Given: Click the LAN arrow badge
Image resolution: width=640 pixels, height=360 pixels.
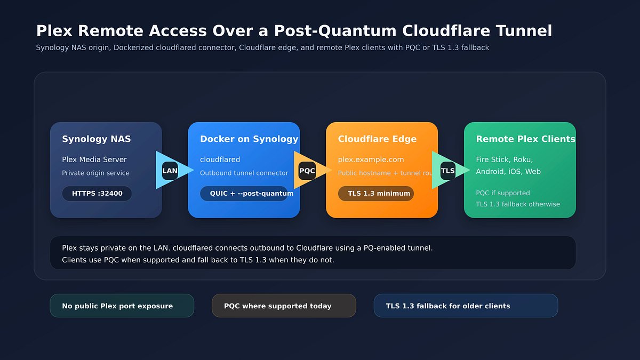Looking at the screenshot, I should point(170,171).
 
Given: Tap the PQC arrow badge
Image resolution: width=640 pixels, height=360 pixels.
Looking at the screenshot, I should point(307,171).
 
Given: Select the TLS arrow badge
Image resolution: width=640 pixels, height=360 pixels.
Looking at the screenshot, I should point(448,171).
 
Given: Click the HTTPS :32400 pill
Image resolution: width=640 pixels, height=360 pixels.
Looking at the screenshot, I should point(97,194).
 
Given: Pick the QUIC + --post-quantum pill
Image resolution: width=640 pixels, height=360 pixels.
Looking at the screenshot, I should point(246,194).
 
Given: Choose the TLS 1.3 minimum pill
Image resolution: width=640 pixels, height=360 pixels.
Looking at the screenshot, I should point(376,194).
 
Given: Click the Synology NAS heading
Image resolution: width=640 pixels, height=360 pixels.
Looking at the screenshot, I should point(97,139).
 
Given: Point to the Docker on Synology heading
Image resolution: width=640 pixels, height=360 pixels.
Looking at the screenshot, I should point(249,139).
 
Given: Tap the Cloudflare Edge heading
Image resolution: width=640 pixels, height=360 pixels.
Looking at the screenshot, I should point(377,139).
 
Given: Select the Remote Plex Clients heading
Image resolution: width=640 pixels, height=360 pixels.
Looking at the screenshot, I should point(525,139).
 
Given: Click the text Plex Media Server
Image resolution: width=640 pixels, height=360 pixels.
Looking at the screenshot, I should point(94,159).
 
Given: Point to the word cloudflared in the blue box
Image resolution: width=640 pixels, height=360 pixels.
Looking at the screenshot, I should point(220,159).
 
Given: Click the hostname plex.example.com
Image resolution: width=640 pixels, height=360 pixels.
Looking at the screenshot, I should point(371,159).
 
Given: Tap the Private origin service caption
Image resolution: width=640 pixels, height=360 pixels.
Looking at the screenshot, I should point(95,173).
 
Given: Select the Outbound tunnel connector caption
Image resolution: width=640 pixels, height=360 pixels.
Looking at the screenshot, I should point(244,173).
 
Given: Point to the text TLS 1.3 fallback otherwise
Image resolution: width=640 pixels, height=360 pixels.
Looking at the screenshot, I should point(518,204).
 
